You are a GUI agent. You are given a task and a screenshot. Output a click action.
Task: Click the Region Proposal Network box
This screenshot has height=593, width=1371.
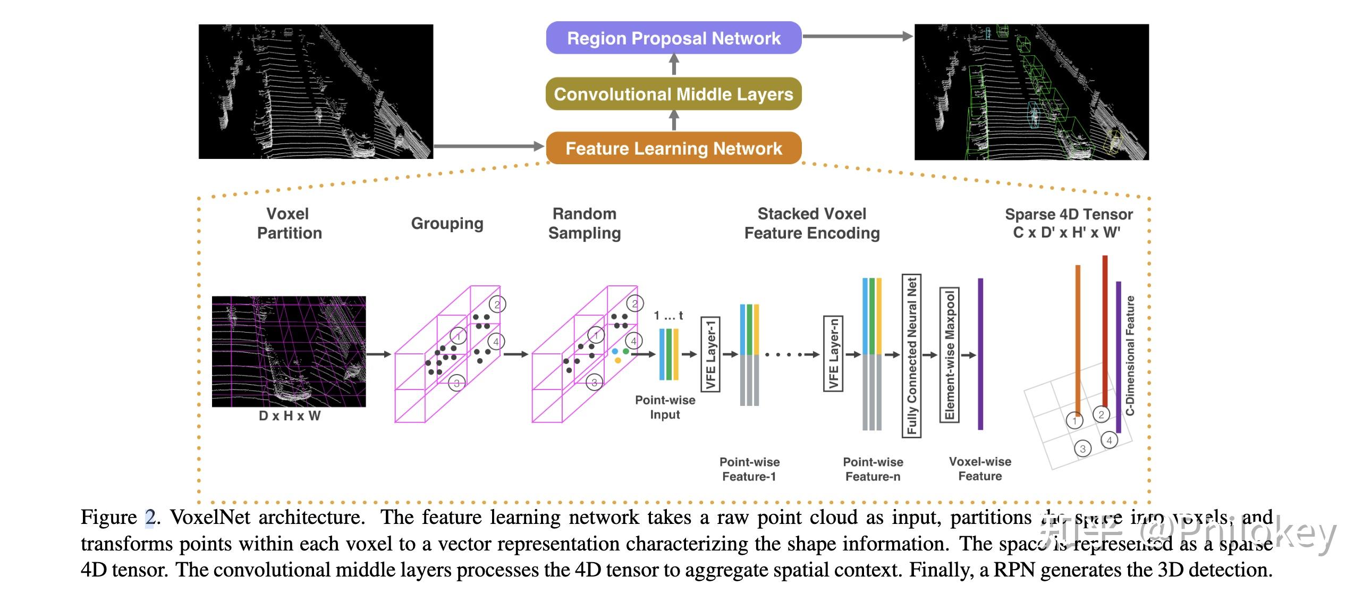pos(673,38)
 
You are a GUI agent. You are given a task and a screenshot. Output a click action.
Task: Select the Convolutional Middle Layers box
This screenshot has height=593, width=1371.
pos(673,94)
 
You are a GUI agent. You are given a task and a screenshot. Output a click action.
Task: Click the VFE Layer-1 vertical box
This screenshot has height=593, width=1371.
pos(710,354)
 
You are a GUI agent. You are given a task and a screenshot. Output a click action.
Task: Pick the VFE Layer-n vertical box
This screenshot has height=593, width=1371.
pos(833,353)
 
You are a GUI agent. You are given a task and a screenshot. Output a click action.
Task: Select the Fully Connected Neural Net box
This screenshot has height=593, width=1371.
pos(911,355)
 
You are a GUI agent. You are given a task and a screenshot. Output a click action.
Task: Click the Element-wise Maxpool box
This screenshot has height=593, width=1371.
pos(949,355)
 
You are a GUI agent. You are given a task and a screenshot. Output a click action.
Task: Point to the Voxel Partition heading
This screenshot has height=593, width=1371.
pos(289,223)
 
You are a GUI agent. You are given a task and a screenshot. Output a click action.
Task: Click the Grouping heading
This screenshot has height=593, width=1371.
pos(447,223)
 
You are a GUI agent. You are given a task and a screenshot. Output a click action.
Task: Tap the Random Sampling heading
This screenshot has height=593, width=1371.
pos(585,223)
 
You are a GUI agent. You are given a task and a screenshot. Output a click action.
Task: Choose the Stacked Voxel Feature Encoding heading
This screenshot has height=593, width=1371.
pos(811,223)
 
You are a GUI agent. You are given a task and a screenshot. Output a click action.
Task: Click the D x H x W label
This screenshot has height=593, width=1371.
pos(290,416)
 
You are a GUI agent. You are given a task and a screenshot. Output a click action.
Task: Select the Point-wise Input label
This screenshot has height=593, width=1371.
pos(665,407)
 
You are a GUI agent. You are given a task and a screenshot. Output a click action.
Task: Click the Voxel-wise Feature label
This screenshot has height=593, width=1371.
pos(980,469)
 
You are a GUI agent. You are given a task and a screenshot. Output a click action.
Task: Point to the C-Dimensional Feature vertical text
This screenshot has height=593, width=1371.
pos(1130,355)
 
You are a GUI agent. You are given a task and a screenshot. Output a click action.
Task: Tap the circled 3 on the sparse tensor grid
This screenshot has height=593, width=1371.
pos(1082,449)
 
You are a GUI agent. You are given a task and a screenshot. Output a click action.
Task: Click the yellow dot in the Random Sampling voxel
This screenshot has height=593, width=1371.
pos(618,360)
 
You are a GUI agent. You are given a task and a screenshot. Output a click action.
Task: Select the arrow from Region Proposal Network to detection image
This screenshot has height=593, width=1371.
pos(857,36)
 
